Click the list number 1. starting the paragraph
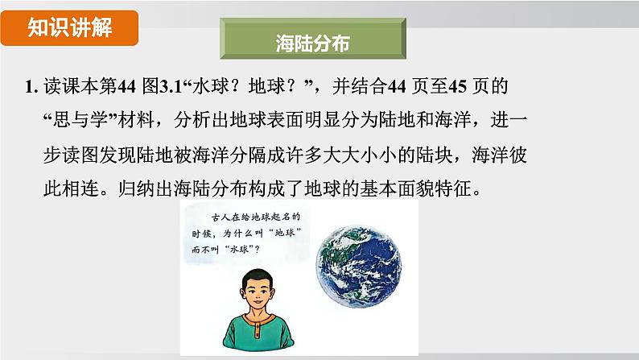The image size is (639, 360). click(x=31, y=86)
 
